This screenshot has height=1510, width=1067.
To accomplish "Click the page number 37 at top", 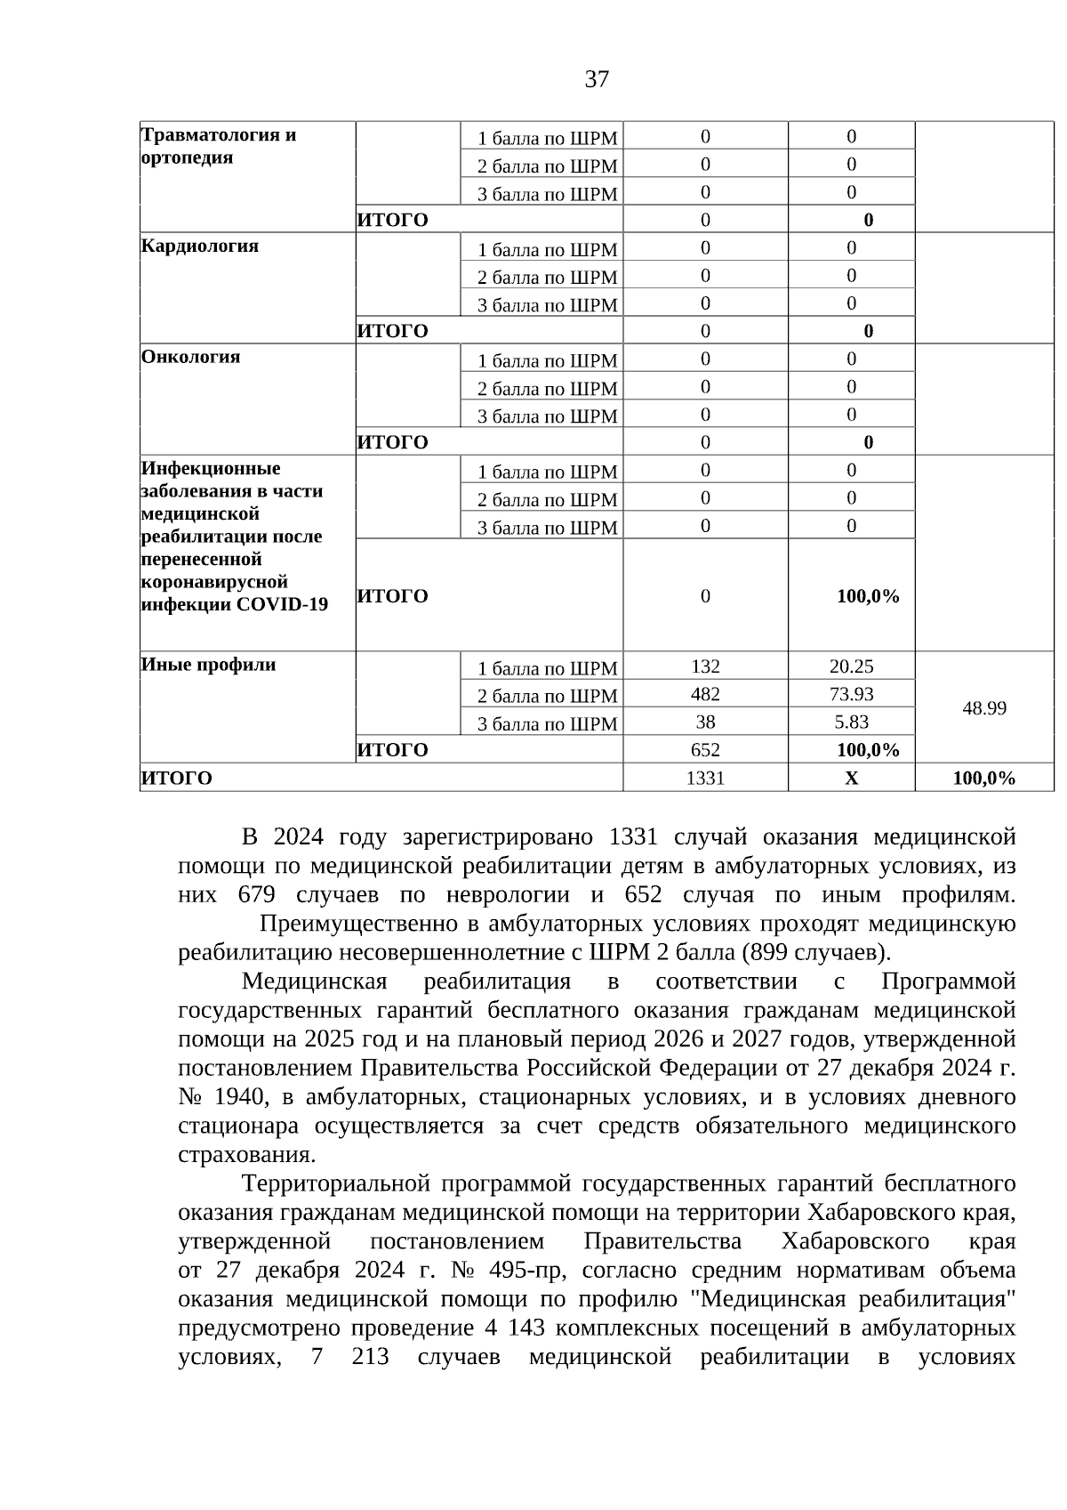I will point(597,80).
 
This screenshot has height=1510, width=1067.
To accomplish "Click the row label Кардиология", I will point(200,246).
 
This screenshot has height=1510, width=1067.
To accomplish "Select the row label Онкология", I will point(190,357).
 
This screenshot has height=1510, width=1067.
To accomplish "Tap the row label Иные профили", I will point(209,665).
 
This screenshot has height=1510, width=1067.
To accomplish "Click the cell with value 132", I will point(705,666).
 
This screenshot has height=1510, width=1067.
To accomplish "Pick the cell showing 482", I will point(705,694).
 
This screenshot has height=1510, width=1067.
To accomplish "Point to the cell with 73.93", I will point(851,694).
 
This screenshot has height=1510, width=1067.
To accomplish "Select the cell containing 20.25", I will point(851,666).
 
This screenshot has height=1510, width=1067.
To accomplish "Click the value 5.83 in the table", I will point(851,722).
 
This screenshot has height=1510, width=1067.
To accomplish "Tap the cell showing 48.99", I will point(984,708).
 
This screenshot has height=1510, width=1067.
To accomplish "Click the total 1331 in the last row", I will point(705,779).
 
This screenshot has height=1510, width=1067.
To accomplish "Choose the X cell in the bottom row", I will point(851,779).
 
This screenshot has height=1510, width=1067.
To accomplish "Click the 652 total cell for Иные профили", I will point(705,750).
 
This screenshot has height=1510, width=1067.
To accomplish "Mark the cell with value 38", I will point(705,722).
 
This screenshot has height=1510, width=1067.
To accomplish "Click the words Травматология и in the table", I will point(219,135).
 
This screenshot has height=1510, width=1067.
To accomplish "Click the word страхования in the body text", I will point(245,1155).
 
